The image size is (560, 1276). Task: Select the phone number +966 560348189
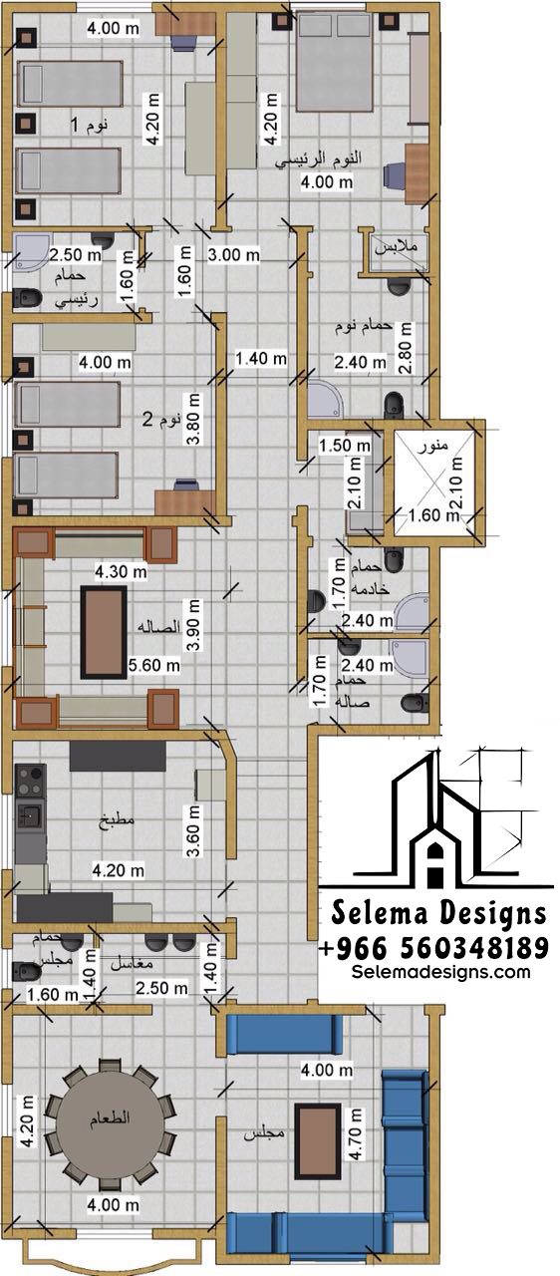click(x=433, y=948)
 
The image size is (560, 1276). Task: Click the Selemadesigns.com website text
click(x=441, y=971)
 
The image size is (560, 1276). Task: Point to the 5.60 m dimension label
click(x=153, y=665)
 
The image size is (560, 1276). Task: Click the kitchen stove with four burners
click(x=30, y=781)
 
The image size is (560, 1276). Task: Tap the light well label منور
click(x=433, y=446)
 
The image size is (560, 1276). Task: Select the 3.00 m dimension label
click(x=233, y=254)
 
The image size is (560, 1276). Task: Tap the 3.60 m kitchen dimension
click(x=193, y=830)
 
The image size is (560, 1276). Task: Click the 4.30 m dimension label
click(x=121, y=571)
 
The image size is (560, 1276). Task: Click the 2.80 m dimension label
click(x=406, y=348)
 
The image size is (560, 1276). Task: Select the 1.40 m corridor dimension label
click(x=261, y=358)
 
